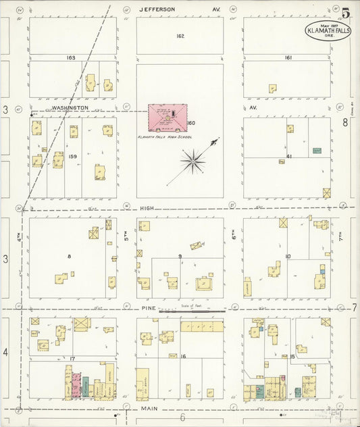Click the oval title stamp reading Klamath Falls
(x=327, y=30)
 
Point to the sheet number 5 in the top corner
(x=345, y=13)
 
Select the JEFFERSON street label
(x=157, y=9)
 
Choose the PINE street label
(x=149, y=308)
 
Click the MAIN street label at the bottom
(x=149, y=409)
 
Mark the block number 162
(x=180, y=36)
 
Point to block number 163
(x=71, y=58)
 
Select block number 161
(x=288, y=58)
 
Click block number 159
(x=73, y=155)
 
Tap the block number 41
(x=288, y=156)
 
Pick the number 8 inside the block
(x=69, y=256)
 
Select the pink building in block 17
(x=76, y=385)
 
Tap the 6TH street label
(x=234, y=238)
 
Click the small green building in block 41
(x=316, y=150)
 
